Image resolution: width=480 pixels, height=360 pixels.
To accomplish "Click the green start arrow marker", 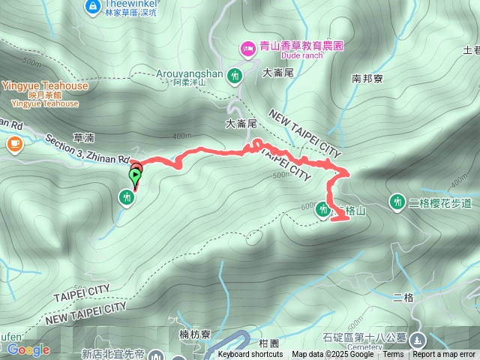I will coord(135,177).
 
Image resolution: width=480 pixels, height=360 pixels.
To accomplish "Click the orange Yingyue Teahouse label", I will coord(44,85).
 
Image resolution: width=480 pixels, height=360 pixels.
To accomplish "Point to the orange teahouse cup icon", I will coord(14,142).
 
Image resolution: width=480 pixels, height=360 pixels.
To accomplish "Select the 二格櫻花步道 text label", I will coord(441,202).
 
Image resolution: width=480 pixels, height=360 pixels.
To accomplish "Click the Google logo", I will coord(28,349).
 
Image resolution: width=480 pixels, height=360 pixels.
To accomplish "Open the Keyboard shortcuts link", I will coord(250,355).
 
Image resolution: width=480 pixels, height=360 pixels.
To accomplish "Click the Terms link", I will coord(393,355).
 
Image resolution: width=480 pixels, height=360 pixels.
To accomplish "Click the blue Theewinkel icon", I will coord(92,7).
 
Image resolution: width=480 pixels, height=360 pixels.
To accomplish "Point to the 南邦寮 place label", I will coord(367,77).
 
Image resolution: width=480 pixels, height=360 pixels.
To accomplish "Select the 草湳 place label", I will coord(83,138).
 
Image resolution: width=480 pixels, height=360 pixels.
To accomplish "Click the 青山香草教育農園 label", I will coord(301,46).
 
